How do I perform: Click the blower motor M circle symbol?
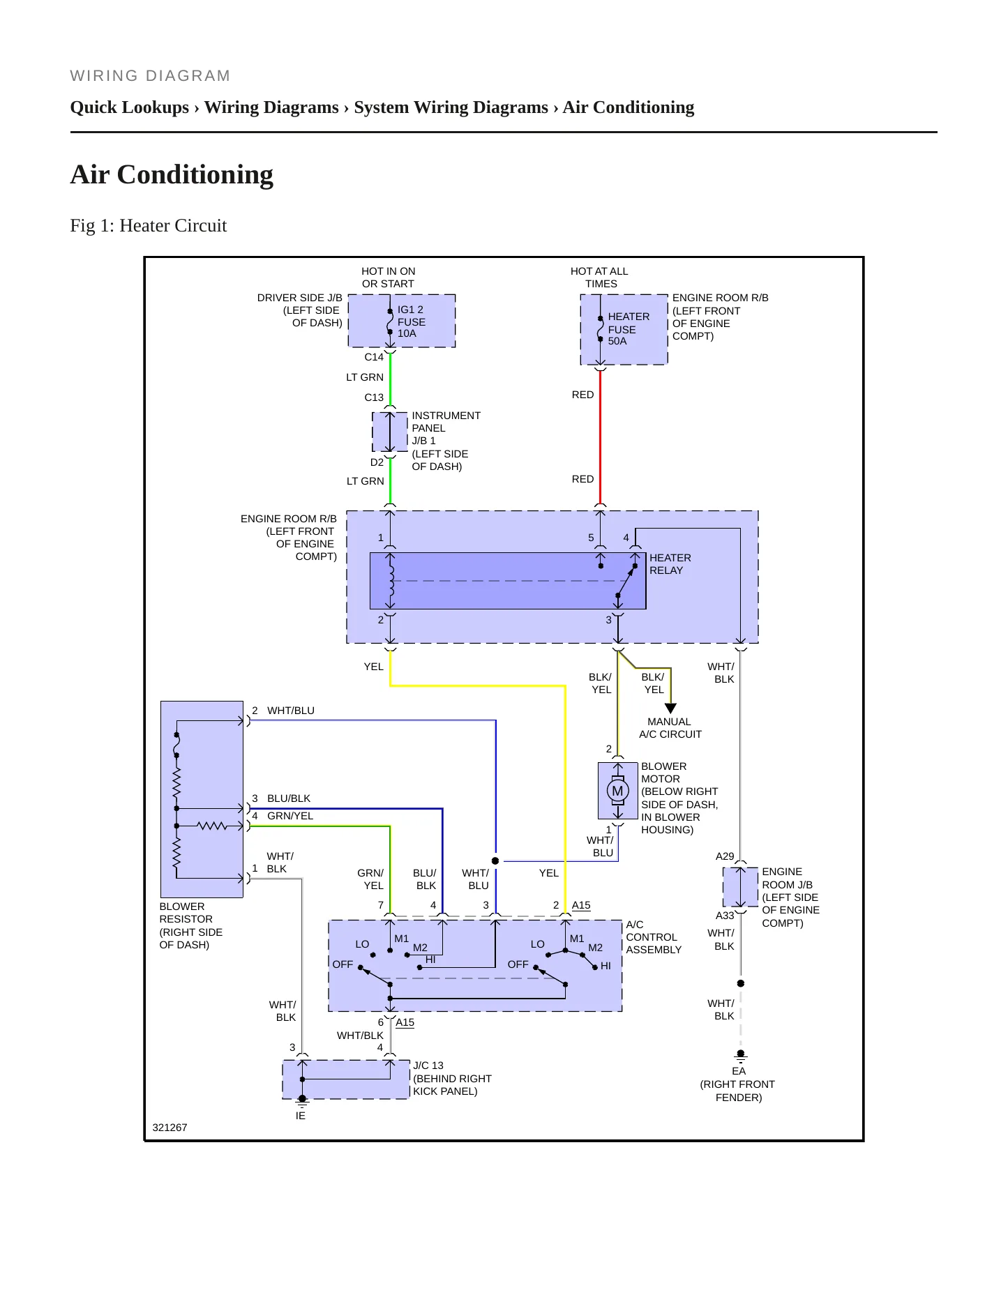tap(617, 791)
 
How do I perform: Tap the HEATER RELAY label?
tap(670, 564)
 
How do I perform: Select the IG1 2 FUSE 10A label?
tap(412, 321)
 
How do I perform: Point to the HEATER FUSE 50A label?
tap(629, 328)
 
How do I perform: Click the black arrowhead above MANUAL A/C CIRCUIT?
tap(671, 708)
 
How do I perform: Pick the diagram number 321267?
tap(170, 1128)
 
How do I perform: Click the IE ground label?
tap(301, 1116)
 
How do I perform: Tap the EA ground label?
tap(739, 1071)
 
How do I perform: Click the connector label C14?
tap(374, 357)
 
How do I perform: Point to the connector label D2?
tap(377, 462)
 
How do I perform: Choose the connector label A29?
tap(725, 856)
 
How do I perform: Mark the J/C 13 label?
tap(428, 1066)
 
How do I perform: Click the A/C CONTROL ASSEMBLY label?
tap(654, 937)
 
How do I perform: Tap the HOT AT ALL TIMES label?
tap(599, 278)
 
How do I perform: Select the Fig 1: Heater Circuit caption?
tap(149, 225)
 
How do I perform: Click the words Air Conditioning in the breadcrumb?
tap(629, 107)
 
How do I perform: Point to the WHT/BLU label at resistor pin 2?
tap(291, 711)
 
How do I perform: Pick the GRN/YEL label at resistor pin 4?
tap(290, 816)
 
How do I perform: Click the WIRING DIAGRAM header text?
tap(151, 76)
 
